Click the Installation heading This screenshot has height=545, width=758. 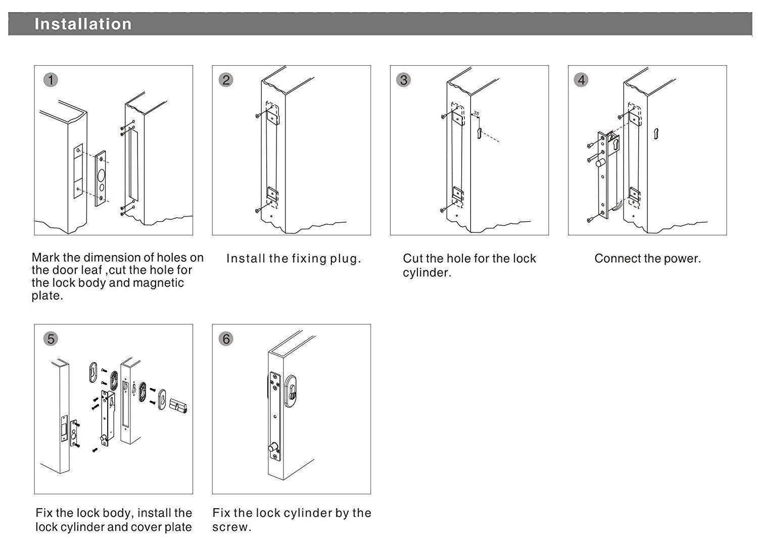pos(83,24)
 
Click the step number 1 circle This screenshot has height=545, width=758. pos(51,80)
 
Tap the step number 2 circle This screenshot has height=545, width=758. pos(226,80)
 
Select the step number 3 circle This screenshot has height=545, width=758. pos(403,80)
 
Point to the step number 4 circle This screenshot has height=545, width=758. pos(581,80)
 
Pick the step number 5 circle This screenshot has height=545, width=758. pos(51,339)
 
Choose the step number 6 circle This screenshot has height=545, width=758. pos(226,339)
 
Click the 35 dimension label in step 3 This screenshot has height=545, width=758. pos(476,114)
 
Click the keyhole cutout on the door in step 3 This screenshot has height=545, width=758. pos(479,133)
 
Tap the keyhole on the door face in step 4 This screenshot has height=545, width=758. pos(655,133)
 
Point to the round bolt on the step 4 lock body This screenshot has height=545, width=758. pos(600,163)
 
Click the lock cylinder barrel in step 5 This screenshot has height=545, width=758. pos(179,406)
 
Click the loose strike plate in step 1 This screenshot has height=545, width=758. pos(102,178)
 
